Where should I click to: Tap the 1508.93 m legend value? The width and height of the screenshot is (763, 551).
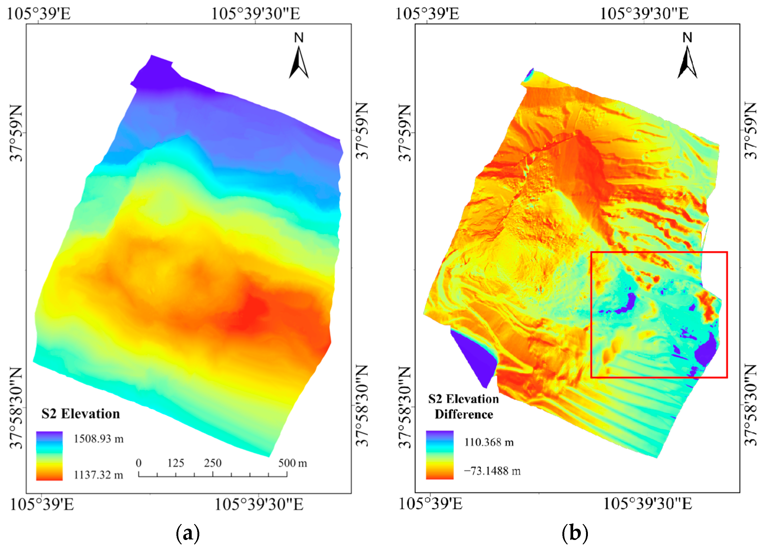[x=99, y=439]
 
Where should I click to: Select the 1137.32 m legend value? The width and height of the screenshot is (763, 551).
[x=98, y=475]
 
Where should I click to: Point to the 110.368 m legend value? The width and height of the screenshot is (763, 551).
[x=489, y=442]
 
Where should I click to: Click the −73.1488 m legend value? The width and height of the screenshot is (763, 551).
[x=492, y=471]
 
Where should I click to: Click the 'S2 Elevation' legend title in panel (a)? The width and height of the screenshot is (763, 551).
[x=80, y=414]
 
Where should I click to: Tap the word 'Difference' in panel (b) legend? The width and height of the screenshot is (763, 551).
[x=464, y=414]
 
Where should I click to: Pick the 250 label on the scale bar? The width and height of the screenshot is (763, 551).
[x=213, y=463]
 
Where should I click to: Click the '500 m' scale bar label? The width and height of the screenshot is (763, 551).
[x=292, y=463]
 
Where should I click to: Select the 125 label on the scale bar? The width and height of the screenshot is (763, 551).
[x=176, y=463]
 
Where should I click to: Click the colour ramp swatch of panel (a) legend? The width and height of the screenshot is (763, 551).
[x=49, y=456]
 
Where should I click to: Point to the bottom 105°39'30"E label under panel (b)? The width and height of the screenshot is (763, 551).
[x=648, y=504]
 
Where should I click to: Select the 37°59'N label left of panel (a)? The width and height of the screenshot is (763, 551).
[x=16, y=133]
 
